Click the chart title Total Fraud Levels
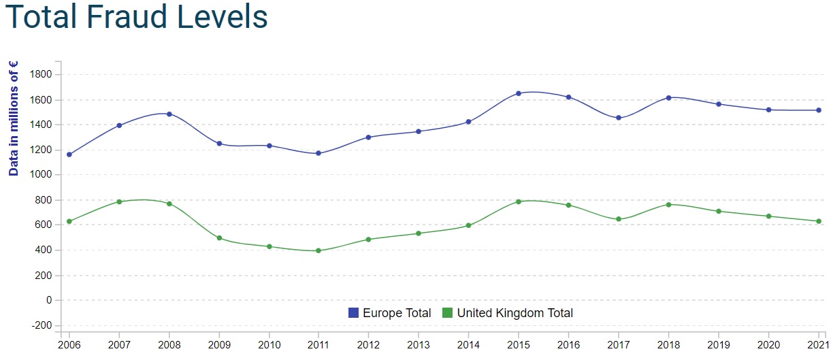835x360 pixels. click(x=136, y=18)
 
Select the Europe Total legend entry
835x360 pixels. click(x=390, y=313)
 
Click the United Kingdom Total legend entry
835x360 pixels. click(x=508, y=313)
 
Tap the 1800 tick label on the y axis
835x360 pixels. click(x=42, y=74)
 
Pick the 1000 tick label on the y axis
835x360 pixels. click(x=42, y=175)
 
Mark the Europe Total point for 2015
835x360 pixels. click(x=519, y=93)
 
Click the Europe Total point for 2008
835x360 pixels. click(x=169, y=114)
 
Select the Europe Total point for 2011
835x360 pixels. click(x=318, y=153)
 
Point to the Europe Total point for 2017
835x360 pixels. click(x=619, y=118)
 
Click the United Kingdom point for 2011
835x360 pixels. click(x=318, y=250)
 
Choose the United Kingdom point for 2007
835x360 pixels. click(x=119, y=201)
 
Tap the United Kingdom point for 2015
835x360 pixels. click(x=519, y=201)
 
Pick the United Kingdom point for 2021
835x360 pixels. click(x=819, y=221)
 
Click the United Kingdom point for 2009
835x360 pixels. click(x=219, y=238)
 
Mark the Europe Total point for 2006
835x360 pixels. click(x=69, y=154)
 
